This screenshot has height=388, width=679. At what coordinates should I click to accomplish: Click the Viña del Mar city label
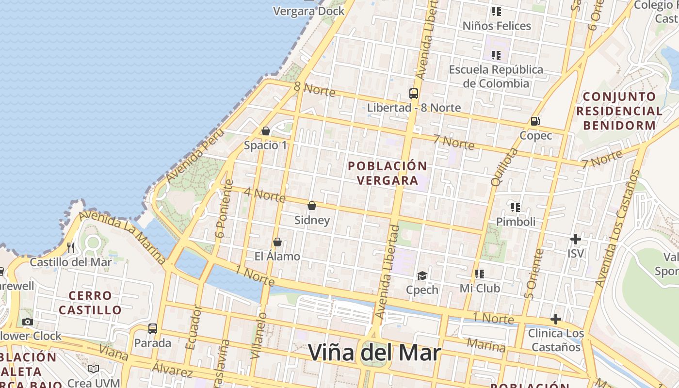pyautogui.click(x=374, y=353)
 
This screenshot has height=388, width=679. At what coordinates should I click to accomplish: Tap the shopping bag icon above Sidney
pyautogui.click(x=312, y=206)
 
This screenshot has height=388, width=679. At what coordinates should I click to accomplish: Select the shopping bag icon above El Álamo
pyautogui.click(x=277, y=242)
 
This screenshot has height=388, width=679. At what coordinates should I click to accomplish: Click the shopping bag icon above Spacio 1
pyautogui.click(x=265, y=131)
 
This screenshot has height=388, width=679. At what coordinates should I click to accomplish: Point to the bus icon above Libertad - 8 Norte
pyautogui.click(x=413, y=94)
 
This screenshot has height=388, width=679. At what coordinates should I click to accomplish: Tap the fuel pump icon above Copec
pyautogui.click(x=535, y=121)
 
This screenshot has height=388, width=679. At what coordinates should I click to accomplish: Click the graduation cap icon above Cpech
pyautogui.click(x=422, y=276)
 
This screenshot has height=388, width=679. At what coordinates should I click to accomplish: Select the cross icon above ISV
pyautogui.click(x=576, y=239)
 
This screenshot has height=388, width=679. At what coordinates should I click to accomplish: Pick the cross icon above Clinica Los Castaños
pyautogui.click(x=556, y=319)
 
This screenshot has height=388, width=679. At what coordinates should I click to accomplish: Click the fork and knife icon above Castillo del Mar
pyautogui.click(x=71, y=248)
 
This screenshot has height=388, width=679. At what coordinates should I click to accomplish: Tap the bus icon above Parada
pyautogui.click(x=153, y=329)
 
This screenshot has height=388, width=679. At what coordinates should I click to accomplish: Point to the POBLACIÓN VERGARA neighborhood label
pyautogui.click(x=388, y=173)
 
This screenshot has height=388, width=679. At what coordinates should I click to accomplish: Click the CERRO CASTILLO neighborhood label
pyautogui.click(x=90, y=303)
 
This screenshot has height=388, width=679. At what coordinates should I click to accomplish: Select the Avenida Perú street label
pyautogui.click(x=195, y=155)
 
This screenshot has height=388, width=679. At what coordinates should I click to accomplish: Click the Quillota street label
pyautogui.click(x=504, y=167)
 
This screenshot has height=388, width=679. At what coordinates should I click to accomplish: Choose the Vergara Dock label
pyautogui.click(x=309, y=11)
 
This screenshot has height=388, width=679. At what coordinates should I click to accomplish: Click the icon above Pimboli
pyautogui.click(x=516, y=208)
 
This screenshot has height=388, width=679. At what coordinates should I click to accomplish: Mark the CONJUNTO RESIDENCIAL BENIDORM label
pyautogui.click(x=619, y=111)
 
